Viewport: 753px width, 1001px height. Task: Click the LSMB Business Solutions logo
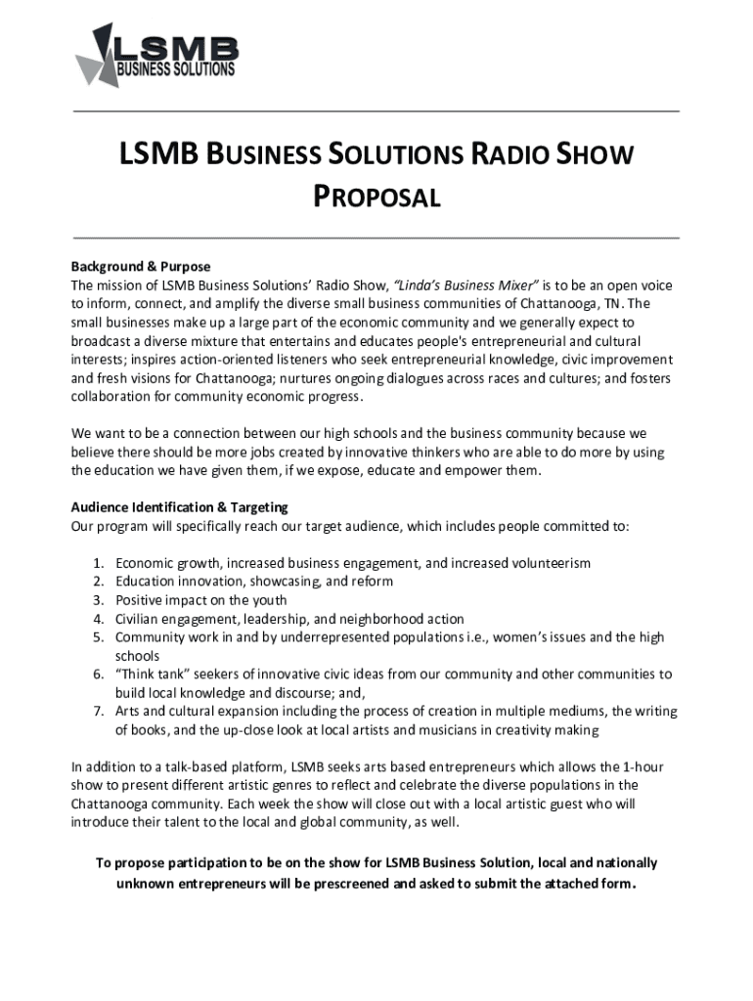pos(156,56)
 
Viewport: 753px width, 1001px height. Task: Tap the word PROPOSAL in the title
pos(376,197)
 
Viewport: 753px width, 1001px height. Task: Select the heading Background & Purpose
pos(140,267)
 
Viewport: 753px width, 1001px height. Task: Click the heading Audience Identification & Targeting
pos(179,507)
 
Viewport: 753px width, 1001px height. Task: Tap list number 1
pos(99,564)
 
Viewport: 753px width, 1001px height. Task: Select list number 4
pos(99,619)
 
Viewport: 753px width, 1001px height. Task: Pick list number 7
pos(99,711)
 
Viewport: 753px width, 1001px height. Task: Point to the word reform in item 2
pos(373,582)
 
